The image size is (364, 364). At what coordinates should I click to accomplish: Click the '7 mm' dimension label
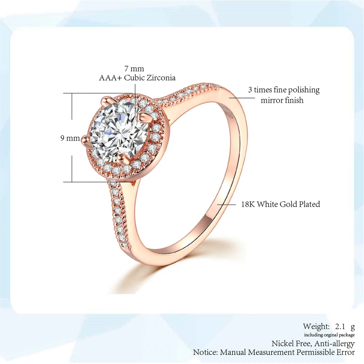(135, 68)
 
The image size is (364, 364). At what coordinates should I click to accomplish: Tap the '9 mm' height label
(70, 138)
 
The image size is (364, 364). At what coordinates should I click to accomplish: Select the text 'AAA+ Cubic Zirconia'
(137, 78)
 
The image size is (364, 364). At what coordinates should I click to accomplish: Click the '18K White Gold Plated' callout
(280, 204)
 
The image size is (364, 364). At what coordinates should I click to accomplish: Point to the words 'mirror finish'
(282, 100)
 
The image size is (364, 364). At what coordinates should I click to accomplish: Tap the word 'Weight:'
(316, 326)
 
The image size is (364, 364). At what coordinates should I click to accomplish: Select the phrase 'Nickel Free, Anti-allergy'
(313, 344)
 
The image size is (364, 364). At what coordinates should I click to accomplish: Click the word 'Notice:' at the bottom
(206, 352)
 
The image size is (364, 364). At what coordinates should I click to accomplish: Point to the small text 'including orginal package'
(329, 335)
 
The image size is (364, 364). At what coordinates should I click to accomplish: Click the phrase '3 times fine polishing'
(284, 90)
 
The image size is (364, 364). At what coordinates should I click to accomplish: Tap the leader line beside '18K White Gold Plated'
(227, 205)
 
